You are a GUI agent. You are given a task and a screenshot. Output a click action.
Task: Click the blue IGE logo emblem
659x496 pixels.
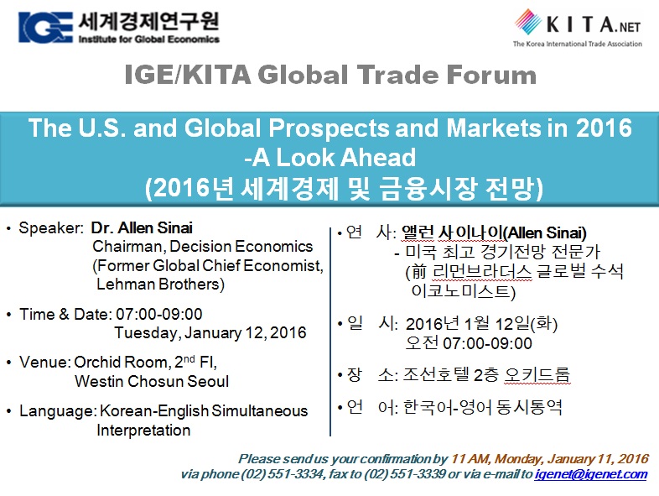[45, 28]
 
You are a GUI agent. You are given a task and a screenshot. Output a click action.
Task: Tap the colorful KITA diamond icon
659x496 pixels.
[528, 22]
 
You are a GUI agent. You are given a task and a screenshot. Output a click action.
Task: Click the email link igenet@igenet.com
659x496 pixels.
[591, 474]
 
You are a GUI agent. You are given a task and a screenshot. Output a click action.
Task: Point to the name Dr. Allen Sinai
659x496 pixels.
[142, 227]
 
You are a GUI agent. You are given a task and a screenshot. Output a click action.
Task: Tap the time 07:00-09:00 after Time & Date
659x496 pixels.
[159, 314]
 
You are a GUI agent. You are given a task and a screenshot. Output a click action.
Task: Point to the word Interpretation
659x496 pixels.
[143, 430]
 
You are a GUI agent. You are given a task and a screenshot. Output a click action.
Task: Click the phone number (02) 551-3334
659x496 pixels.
[283, 474]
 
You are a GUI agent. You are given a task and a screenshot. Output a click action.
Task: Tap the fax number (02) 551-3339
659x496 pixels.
[404, 474]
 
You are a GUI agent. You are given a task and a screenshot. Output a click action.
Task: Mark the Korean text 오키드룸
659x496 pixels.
[537, 374]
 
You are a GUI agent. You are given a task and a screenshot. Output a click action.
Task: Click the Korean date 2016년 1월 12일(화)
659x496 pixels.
[481, 324]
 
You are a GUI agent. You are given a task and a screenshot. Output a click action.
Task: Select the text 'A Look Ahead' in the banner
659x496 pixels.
[334, 157]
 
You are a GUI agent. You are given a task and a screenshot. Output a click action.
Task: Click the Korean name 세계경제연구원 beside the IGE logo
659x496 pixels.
[148, 21]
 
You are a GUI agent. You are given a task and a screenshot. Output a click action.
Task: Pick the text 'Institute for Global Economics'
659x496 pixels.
[148, 39]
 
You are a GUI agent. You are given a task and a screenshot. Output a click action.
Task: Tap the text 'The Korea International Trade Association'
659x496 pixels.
[578, 44]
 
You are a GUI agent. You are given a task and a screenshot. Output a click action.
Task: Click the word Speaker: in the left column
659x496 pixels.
[52, 228]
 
